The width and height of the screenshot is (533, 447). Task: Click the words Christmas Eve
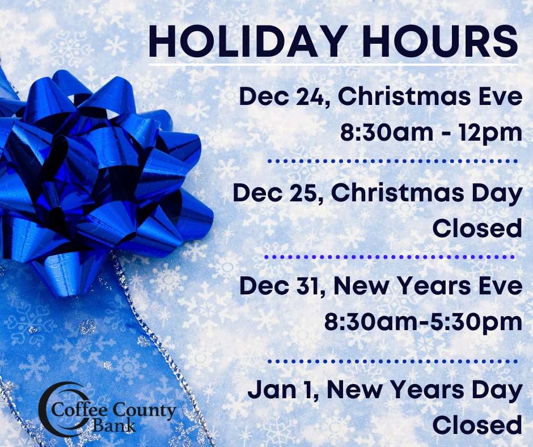click(430, 97)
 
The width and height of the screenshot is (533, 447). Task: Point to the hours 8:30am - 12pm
click(432, 132)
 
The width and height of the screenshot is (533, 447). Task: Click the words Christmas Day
click(426, 193)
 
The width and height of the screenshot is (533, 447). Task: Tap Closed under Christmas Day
click(477, 228)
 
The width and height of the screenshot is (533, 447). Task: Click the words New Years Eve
click(428, 286)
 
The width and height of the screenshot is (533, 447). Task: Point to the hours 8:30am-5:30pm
click(424, 322)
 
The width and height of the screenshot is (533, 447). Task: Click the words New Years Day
click(425, 390)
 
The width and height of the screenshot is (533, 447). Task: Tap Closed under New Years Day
click(477, 425)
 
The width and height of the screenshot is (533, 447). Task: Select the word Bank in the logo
click(114, 425)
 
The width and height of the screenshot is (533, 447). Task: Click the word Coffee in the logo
click(80, 410)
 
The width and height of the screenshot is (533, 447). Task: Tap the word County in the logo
click(144, 411)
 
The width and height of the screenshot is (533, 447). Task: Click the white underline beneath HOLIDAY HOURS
click(333, 64)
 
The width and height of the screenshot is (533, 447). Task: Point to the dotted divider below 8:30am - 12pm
click(392, 161)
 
